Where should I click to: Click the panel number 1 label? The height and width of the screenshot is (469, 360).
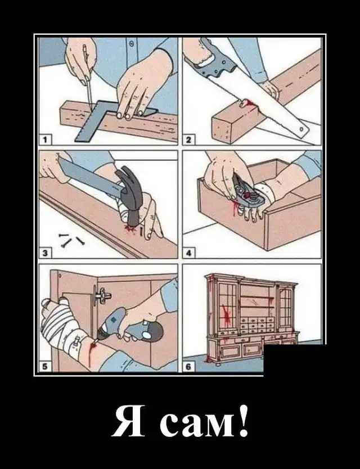tap(45, 139)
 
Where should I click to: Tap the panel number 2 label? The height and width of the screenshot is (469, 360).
tap(188, 139)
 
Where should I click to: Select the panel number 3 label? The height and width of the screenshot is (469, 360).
tap(45, 254)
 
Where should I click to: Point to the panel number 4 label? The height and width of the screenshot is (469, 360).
tap(188, 254)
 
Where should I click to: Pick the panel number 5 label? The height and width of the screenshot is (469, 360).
tap(45, 367)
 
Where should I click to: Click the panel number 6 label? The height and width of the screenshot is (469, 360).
tap(188, 367)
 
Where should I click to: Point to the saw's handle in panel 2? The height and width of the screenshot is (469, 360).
tap(214, 61)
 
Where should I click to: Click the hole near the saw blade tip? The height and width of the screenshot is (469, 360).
tap(301, 129)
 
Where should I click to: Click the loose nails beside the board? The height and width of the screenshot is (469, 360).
tap(71, 240)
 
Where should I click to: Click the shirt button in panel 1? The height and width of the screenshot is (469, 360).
tap(131, 44)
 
